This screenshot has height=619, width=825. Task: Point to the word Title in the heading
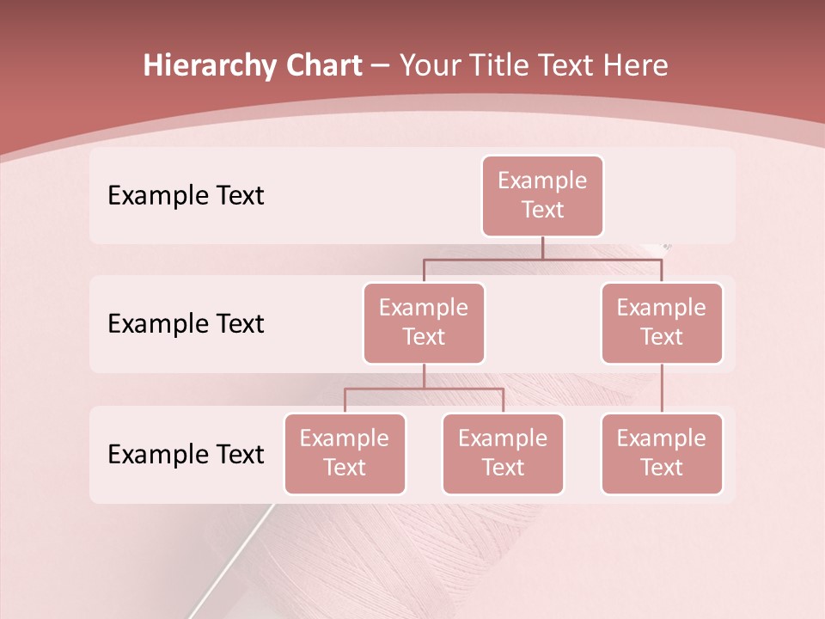(x=503, y=66)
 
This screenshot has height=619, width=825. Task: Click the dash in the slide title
(x=381, y=66)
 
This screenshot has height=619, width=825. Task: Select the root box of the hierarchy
(x=542, y=196)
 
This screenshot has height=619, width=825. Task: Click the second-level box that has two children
(x=424, y=323)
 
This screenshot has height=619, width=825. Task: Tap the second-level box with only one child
(x=662, y=323)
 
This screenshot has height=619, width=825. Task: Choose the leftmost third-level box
(x=345, y=454)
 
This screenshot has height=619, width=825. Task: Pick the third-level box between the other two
(x=503, y=454)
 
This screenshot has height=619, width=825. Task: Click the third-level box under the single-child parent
(x=662, y=454)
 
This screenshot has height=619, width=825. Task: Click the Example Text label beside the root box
(x=186, y=196)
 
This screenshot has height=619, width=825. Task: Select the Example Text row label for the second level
(x=186, y=324)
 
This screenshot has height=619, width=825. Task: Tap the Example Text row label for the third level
(x=186, y=455)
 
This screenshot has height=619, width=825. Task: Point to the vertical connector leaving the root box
(x=542, y=247)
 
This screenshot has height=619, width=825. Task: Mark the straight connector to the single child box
(x=662, y=389)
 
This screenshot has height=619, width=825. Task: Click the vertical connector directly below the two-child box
(x=424, y=376)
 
